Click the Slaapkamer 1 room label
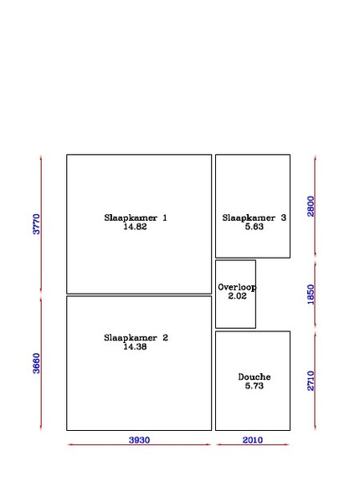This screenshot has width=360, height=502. click(x=136, y=218)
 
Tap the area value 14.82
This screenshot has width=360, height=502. click(x=135, y=227)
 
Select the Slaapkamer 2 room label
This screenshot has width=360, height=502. click(x=136, y=337)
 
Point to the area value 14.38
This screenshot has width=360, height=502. click(x=135, y=346)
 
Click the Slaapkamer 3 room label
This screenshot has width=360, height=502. click(x=254, y=218)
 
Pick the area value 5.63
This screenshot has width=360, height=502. click(x=255, y=227)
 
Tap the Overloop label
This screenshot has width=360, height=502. click(x=237, y=287)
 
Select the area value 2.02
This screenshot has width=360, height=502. click(x=237, y=296)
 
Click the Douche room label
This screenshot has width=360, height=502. click(x=255, y=376)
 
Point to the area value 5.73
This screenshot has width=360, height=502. click(x=255, y=386)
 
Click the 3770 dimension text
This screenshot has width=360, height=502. click(x=37, y=224)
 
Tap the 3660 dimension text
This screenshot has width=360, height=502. click(x=37, y=363)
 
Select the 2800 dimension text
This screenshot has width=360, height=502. click(x=311, y=207)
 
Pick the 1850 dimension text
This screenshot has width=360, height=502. click(x=311, y=295)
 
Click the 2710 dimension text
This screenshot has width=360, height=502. click(x=311, y=381)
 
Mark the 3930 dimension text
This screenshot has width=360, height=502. click(x=139, y=440)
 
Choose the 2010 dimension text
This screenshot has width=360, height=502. click(x=252, y=440)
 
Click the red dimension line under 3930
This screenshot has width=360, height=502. click(x=139, y=444)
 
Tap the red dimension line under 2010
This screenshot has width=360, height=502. click(x=253, y=444)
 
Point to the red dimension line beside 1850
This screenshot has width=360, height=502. click(x=315, y=295)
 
